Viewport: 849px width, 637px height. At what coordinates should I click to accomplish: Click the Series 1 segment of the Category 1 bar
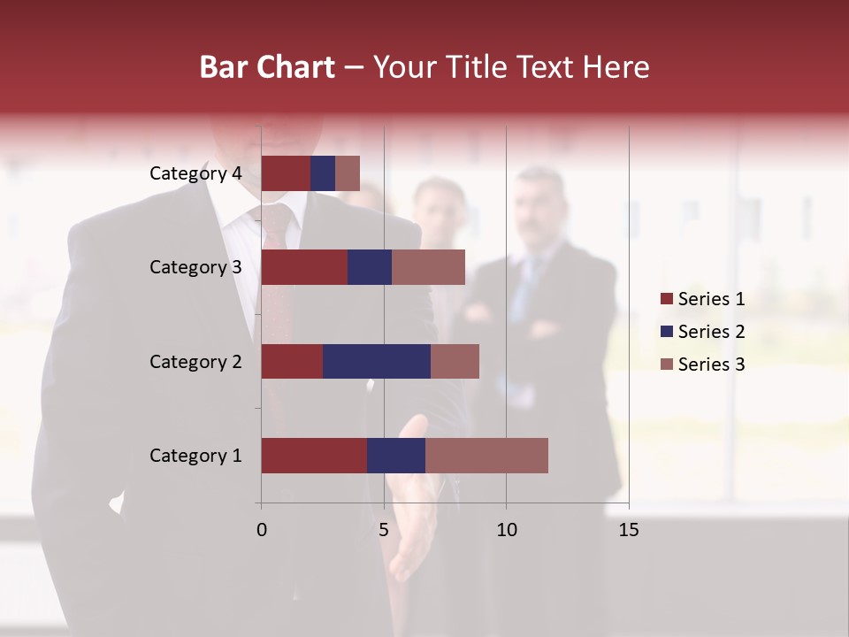coord(314,456)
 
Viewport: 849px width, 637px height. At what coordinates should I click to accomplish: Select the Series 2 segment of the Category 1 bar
coord(396,456)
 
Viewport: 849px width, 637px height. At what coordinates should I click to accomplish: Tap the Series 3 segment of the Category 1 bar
coord(486,456)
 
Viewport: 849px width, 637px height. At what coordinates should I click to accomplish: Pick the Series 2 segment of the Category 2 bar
coord(377,361)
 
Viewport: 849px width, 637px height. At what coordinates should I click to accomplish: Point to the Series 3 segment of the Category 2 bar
coord(455,361)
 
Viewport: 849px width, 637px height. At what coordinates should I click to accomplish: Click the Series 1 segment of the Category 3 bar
coord(304,267)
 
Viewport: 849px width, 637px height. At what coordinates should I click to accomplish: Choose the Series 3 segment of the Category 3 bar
coord(428,267)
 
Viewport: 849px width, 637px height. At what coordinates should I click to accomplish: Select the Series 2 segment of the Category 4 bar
coord(323,173)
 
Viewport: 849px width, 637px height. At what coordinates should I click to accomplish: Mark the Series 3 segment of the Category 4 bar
coord(348,173)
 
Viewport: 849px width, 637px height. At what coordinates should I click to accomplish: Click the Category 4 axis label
coord(195,173)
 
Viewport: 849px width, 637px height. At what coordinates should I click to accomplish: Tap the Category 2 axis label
coord(195,361)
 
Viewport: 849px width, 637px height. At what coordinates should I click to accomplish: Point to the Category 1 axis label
coord(195,456)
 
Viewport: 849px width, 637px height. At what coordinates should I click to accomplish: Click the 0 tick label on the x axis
coord(262,530)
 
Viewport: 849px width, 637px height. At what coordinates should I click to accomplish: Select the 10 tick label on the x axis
coord(506,530)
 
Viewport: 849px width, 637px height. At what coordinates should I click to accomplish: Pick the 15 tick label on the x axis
coord(629,530)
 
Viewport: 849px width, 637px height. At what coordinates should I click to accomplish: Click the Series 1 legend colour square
coord(666,299)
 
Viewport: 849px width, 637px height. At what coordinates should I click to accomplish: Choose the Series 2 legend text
coord(711,332)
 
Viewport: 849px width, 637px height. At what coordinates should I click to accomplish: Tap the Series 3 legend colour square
coord(666,365)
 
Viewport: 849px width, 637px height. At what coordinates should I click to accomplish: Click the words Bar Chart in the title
coord(267,66)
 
